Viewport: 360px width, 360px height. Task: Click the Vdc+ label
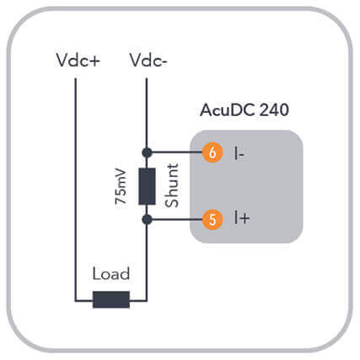point(78,60)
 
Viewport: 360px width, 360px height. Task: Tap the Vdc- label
point(148,60)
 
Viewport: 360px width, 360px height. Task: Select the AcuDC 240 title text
point(244,110)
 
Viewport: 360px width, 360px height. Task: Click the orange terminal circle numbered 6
point(212,153)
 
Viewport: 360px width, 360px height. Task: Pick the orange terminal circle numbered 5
point(212,219)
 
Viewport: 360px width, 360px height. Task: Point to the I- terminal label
point(239,153)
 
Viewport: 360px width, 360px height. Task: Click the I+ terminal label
point(242,218)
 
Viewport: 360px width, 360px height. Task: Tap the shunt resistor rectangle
point(147,186)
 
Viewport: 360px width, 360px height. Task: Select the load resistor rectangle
point(111,300)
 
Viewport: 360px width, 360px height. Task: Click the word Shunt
point(172,185)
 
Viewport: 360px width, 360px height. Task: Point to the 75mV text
point(121,186)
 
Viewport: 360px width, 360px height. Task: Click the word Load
point(111,274)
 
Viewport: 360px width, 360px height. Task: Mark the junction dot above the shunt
point(147,153)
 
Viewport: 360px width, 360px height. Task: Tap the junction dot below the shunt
point(147,219)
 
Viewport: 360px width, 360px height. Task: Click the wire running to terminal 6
point(177,153)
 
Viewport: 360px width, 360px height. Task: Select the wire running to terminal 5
point(177,219)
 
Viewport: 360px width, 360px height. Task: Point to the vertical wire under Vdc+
point(75,190)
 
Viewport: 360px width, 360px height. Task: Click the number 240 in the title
point(274,110)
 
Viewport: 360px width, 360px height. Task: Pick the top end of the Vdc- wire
point(147,78)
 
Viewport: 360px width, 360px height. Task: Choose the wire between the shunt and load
point(147,260)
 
